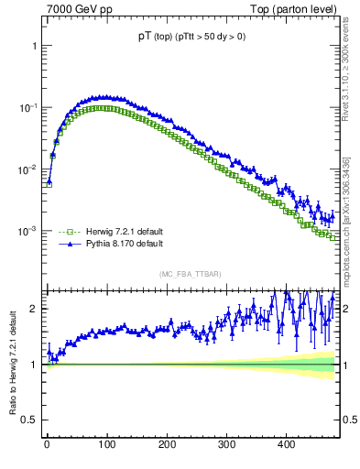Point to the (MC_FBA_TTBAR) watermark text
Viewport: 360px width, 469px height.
coord(190,274)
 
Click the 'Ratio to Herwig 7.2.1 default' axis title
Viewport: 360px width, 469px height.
coord(10,364)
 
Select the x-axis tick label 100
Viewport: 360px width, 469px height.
coord(107,444)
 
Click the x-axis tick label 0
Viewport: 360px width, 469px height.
coord(47,444)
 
